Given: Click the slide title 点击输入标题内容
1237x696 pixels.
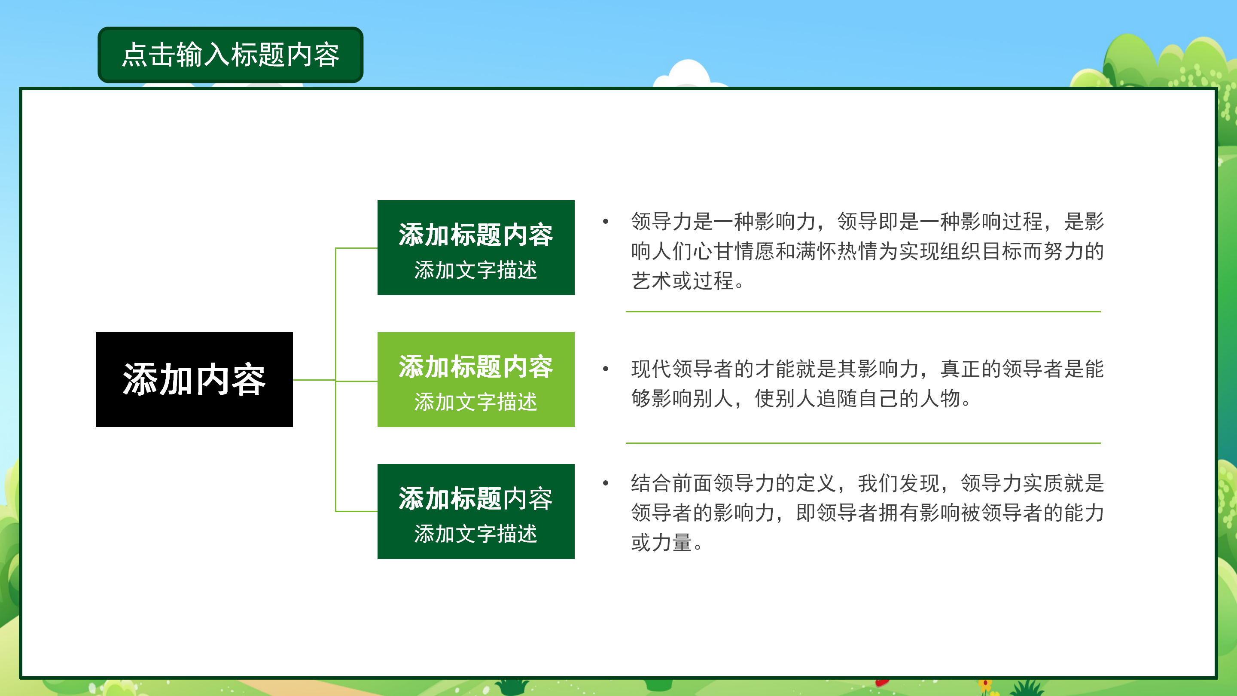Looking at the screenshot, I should click(231, 54).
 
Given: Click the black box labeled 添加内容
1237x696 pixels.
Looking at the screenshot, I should click(194, 379).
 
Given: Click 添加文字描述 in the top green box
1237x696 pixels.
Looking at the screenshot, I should click(475, 270).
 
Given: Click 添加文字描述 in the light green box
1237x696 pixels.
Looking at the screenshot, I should click(475, 402).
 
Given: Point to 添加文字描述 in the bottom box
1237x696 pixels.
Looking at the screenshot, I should click(475, 534).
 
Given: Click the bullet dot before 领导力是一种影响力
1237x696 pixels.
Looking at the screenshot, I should click(606, 221).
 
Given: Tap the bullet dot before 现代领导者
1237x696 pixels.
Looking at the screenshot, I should click(606, 369).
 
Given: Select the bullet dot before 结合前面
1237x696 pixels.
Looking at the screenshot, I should click(606, 483).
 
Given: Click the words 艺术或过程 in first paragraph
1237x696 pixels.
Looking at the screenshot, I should click(682, 281).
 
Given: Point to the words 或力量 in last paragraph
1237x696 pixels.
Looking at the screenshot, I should click(661, 543).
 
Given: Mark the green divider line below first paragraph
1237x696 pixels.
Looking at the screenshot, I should click(862, 312).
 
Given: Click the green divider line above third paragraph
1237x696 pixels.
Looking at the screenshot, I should click(862, 443).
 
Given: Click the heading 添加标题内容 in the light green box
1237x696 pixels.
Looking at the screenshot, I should click(475, 367).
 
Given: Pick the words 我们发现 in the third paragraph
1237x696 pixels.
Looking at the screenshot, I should click(898, 483).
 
